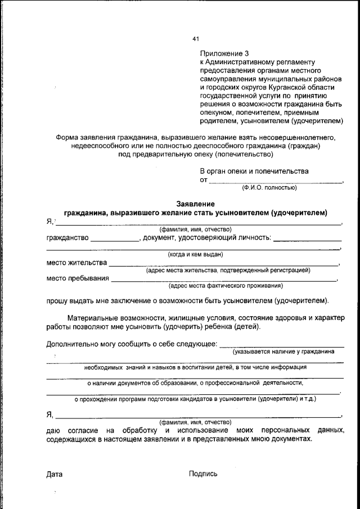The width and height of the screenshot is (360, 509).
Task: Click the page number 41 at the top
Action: pos(196,39)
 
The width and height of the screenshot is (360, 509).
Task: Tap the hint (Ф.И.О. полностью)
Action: pos(269,187)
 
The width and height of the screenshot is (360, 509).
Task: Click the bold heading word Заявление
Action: pos(195,204)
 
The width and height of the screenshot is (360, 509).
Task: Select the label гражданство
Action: pos(67,238)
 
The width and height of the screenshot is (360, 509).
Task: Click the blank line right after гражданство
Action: pos(115,238)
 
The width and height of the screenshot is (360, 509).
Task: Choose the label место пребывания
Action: pos(78,278)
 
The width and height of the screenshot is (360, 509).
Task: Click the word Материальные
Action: pos(93,318)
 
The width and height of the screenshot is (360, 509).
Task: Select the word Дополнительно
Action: pos(73,343)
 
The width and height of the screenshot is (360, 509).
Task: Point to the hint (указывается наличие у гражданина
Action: pos(283,351)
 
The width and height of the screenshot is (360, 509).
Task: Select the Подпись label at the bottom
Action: pos(203,474)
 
